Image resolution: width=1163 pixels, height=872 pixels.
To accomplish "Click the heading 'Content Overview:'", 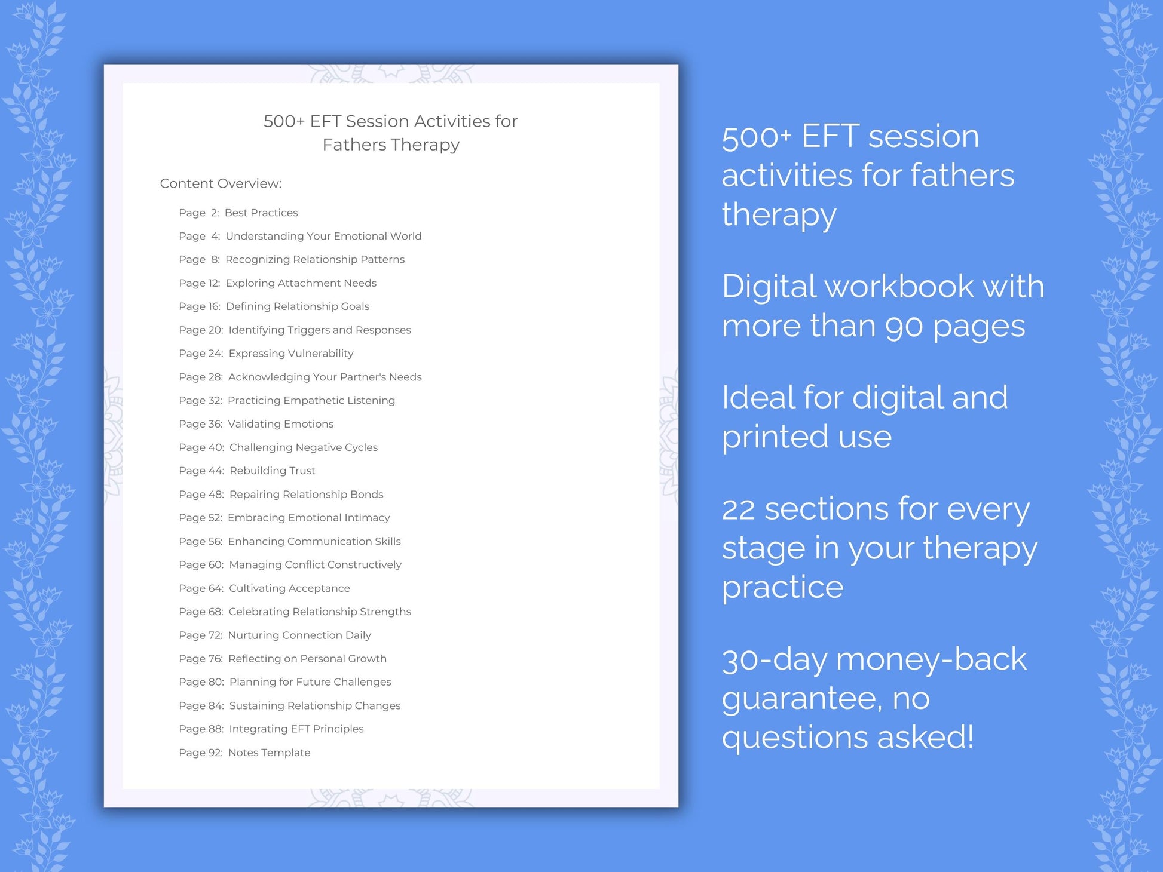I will [x=221, y=183].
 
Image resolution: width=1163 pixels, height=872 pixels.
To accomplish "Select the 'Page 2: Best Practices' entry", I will [x=238, y=213].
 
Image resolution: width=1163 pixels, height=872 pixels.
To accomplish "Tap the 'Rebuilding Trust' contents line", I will [x=272, y=471].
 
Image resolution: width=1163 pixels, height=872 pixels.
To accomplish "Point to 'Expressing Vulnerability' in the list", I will [x=290, y=354].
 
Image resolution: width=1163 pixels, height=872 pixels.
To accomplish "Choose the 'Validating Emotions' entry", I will [x=280, y=424].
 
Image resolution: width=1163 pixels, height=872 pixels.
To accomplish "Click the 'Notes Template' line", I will [x=269, y=753].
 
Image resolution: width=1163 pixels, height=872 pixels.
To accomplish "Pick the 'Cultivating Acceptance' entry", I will [x=289, y=588].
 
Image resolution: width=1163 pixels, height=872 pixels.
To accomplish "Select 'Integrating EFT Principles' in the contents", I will [x=296, y=729].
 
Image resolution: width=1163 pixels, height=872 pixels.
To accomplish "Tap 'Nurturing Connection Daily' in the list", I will [x=299, y=635].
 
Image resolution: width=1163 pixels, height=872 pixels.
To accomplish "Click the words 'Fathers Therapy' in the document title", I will [x=391, y=145].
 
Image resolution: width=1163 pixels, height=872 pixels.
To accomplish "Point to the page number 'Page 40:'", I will [x=201, y=447].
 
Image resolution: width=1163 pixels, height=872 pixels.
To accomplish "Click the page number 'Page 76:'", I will [x=201, y=659].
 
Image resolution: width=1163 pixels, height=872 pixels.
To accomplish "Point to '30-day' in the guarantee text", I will [x=774, y=660].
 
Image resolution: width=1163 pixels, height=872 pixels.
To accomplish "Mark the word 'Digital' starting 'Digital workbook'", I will [x=769, y=287].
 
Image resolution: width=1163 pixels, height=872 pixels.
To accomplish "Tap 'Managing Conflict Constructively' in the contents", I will [x=315, y=565].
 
